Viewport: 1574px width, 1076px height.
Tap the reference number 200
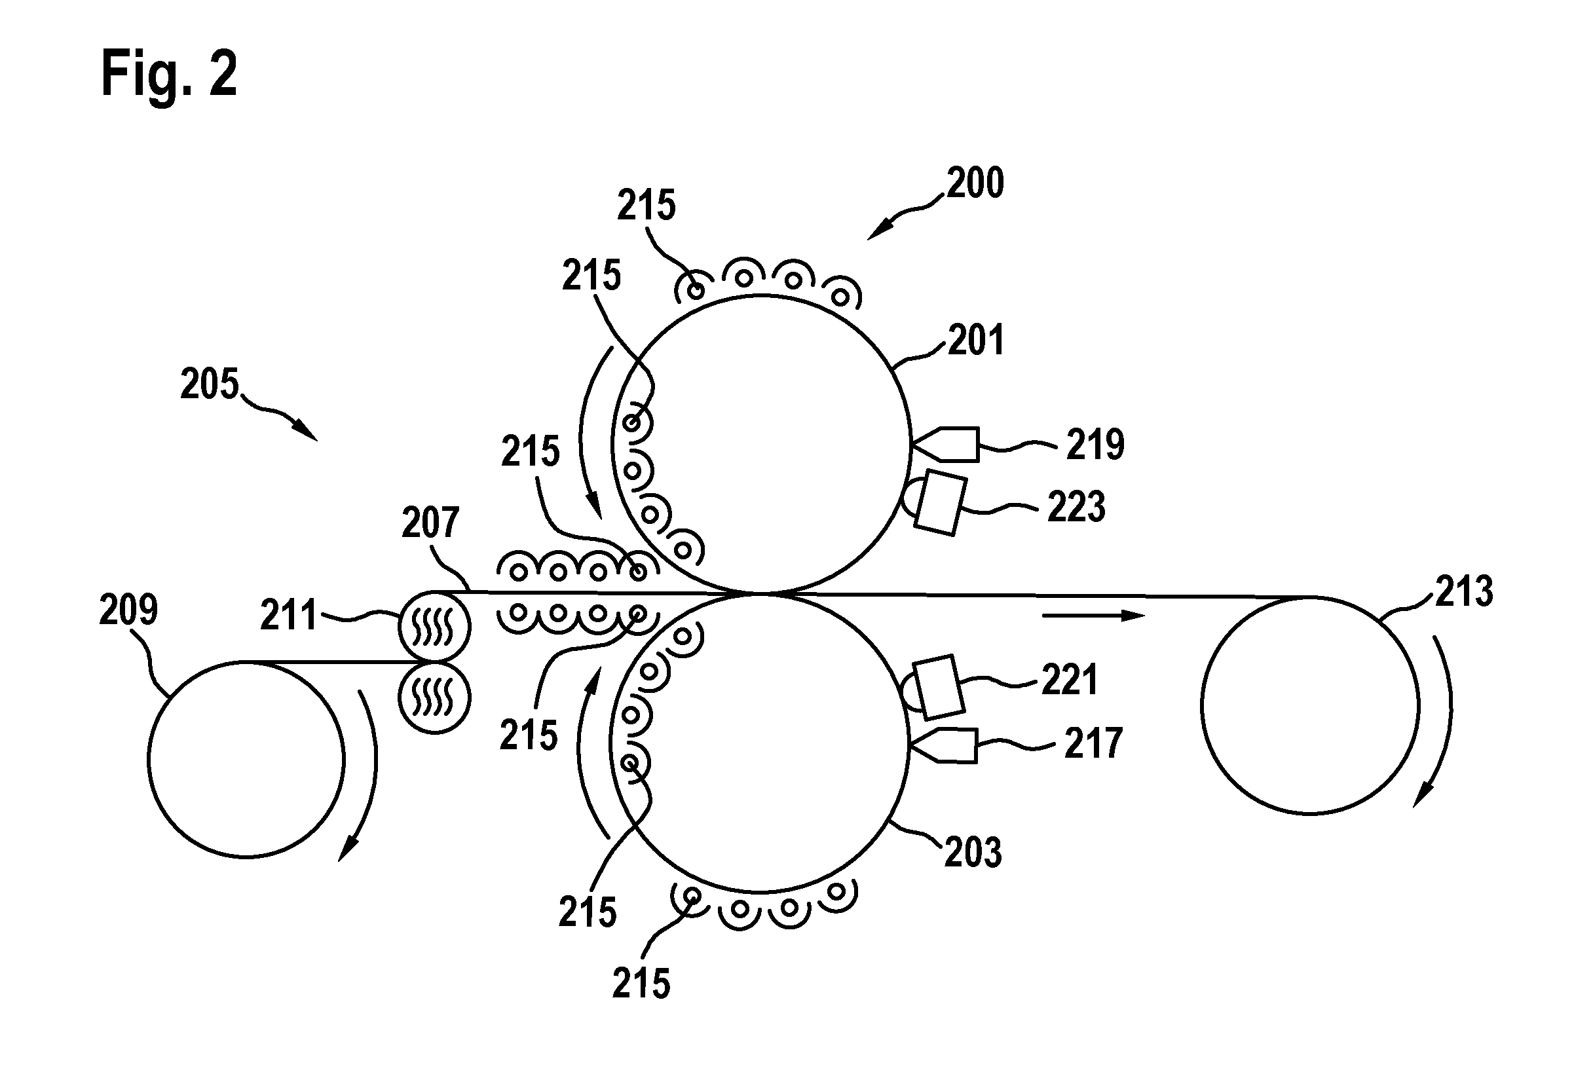coord(975,183)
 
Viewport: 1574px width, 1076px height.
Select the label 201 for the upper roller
coord(975,340)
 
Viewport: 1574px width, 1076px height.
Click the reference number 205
coord(210,384)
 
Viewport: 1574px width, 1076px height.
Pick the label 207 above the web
coord(431,523)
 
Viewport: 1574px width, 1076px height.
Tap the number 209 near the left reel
coord(128,610)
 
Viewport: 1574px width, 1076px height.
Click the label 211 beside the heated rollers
coord(288,616)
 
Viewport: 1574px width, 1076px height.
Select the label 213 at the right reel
coord(1464,592)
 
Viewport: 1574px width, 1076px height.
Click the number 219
coord(1095,445)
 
